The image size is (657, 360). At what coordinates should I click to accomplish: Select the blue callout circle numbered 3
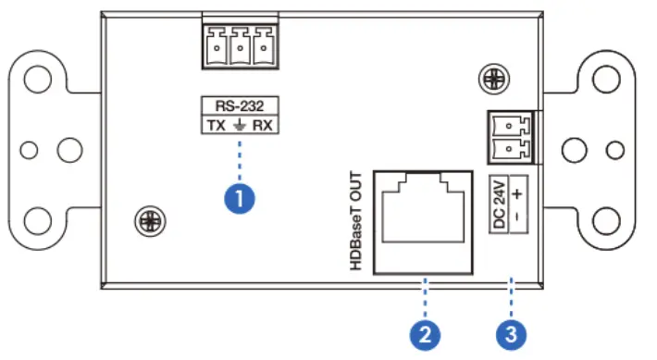pyautogui.click(x=510, y=331)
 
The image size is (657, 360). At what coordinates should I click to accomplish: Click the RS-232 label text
pyautogui.click(x=240, y=105)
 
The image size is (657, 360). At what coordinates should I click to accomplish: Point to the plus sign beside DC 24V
pyautogui.click(x=518, y=193)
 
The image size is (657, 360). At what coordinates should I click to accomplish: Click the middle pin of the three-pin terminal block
pyautogui.click(x=239, y=44)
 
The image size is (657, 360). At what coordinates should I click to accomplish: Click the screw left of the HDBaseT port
pyautogui.click(x=146, y=221)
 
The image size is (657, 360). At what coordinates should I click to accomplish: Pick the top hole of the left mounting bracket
pyautogui.click(x=38, y=80)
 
